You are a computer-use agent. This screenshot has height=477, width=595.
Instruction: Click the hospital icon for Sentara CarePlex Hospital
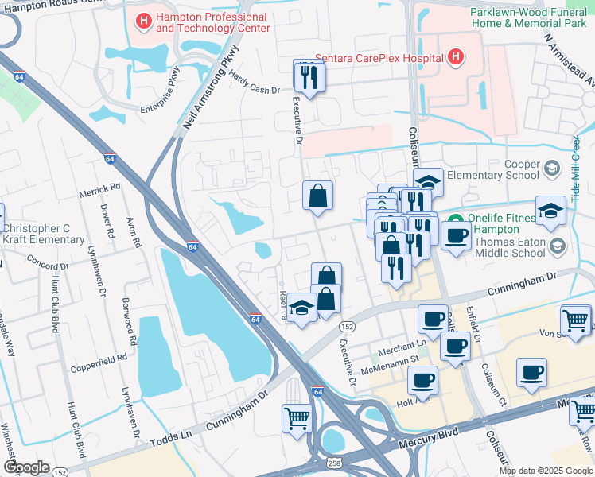coord(455,57)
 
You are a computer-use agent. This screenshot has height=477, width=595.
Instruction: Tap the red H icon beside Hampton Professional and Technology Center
coord(143,21)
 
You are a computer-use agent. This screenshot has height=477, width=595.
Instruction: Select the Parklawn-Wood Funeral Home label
coord(530,17)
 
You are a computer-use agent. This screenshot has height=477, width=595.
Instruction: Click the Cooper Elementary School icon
coord(552,169)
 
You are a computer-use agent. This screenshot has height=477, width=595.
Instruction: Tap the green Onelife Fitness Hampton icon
coord(455,220)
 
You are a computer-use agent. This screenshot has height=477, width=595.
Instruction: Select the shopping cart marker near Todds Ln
coord(297,417)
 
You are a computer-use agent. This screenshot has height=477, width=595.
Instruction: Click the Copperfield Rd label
coord(99,359)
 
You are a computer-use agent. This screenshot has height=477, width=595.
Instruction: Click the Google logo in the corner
coord(26,467)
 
